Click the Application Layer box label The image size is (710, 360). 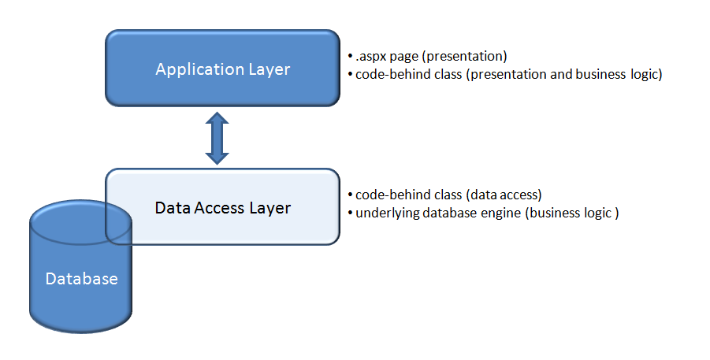[222, 69]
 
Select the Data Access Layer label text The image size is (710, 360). [222, 208]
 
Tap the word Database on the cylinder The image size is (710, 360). [81, 279]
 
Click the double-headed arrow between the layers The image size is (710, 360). [217, 139]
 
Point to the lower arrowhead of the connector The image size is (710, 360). [217, 157]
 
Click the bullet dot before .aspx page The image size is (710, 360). [350, 58]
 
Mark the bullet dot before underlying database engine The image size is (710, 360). [350, 213]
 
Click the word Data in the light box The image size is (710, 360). [171, 208]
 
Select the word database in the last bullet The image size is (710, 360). [449, 213]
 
